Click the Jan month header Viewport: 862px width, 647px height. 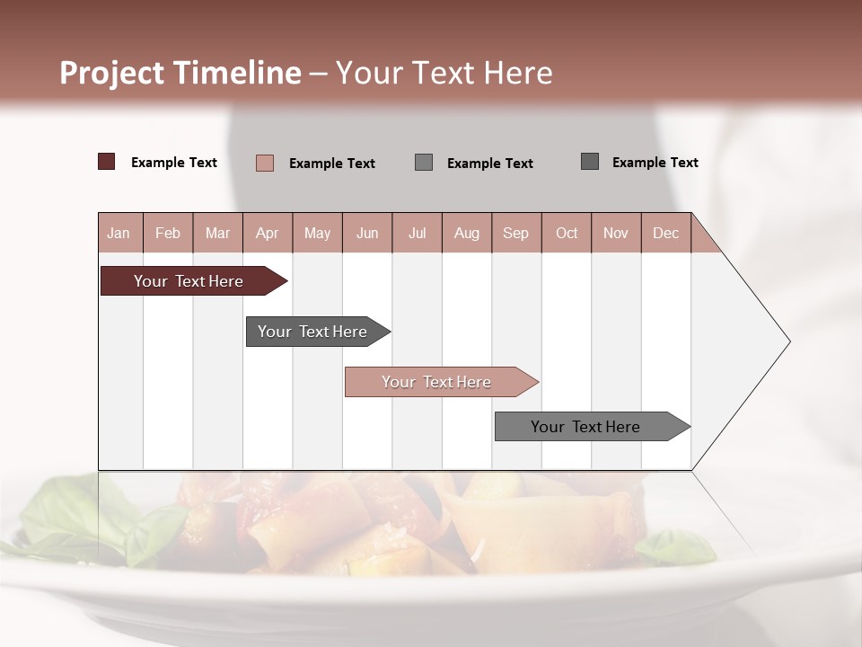tap(119, 233)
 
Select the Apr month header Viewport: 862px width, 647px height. tap(267, 233)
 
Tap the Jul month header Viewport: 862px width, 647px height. tap(417, 233)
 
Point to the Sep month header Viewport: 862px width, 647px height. tap(515, 233)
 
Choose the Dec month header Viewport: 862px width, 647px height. tap(665, 233)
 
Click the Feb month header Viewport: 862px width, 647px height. tap(168, 233)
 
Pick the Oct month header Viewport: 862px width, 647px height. tap(567, 233)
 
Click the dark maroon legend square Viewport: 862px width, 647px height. tap(107, 162)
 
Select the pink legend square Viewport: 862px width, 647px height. tap(265, 163)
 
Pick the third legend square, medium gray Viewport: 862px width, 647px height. tap(424, 162)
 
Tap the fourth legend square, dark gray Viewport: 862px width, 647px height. tap(590, 162)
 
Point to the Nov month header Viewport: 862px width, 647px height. tap(616, 233)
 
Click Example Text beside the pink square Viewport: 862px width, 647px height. tap(331, 164)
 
